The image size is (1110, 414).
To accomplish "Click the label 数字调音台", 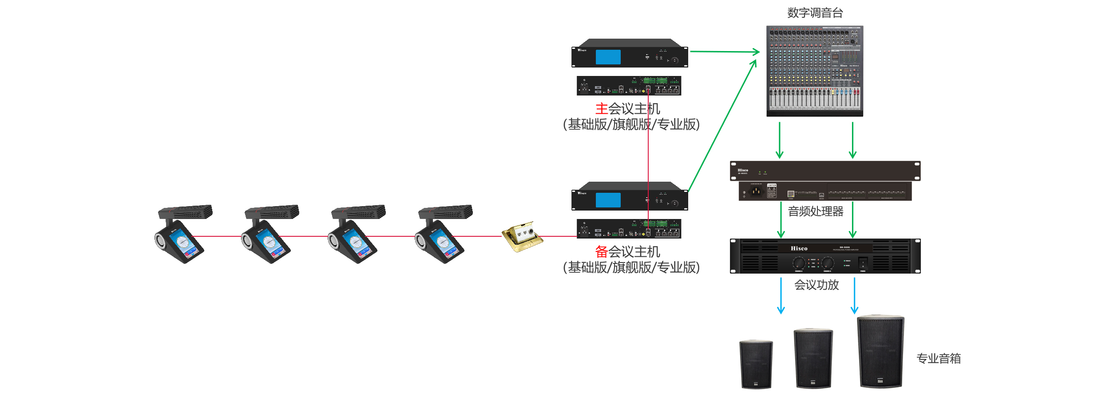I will pyautogui.click(x=815, y=13).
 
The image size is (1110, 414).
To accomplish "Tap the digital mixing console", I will pyautogui.click(x=815, y=71).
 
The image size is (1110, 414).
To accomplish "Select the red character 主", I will pyautogui.click(x=601, y=109).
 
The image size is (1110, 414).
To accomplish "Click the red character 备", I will pyautogui.click(x=601, y=252).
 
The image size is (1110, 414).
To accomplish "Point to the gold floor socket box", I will pyautogui.click(x=522, y=236).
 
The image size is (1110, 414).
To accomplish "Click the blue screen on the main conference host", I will pyautogui.click(x=608, y=57).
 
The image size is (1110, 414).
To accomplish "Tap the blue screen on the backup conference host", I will pyautogui.click(x=608, y=200).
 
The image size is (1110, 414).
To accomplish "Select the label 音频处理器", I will pyautogui.click(x=816, y=211).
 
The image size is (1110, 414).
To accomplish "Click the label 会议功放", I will pyautogui.click(x=817, y=285).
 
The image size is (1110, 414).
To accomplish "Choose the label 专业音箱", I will pyautogui.click(x=939, y=358).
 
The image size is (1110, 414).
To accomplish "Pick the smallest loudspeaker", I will pyautogui.click(x=756, y=364).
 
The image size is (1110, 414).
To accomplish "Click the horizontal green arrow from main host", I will pyautogui.click(x=725, y=52).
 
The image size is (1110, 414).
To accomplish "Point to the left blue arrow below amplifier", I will pyautogui.click(x=781, y=296).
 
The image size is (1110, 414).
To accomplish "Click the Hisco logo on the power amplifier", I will pyautogui.click(x=799, y=249).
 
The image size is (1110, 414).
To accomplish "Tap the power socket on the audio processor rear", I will pyautogui.click(x=756, y=191).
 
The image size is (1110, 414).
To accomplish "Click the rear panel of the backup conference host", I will pyautogui.click(x=629, y=229).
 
